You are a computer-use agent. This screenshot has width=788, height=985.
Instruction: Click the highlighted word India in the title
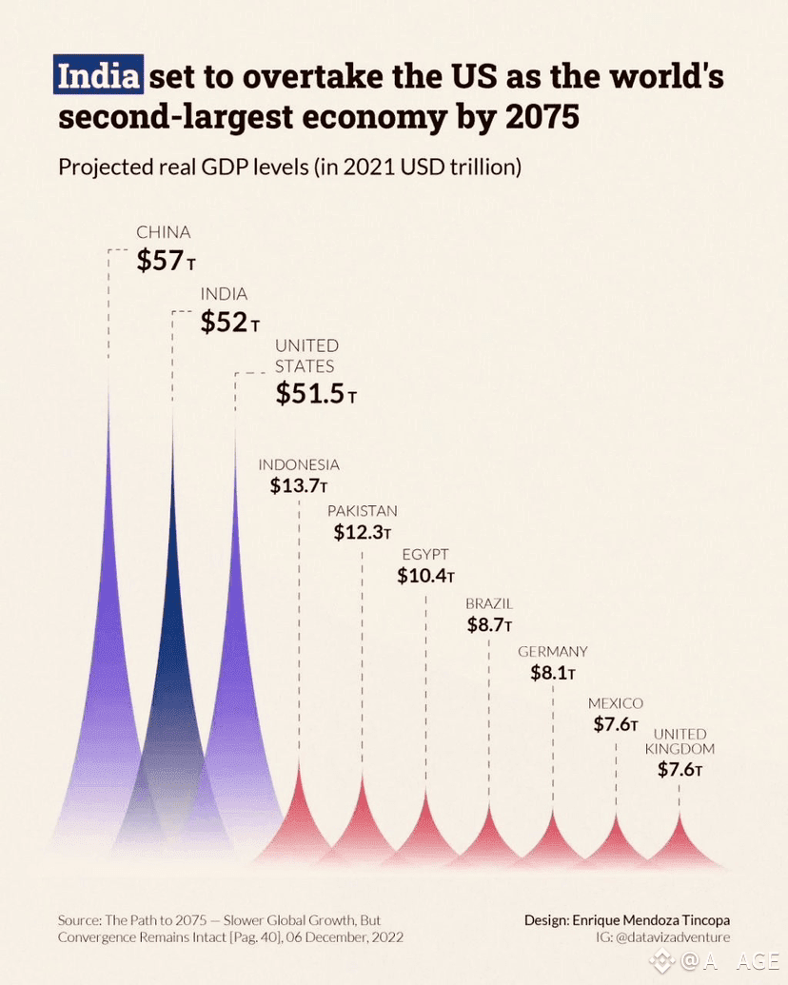(98, 75)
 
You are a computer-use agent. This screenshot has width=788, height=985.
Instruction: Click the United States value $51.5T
(316, 393)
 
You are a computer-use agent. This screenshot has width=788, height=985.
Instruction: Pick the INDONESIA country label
(299, 464)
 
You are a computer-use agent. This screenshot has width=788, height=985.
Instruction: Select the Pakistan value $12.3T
(363, 532)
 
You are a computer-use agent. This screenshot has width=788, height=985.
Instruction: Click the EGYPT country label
(424, 554)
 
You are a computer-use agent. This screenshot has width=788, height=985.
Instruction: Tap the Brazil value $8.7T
(489, 625)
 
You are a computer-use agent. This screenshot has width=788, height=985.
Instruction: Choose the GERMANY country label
(553, 652)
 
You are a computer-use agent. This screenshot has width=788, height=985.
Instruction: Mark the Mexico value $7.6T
(615, 724)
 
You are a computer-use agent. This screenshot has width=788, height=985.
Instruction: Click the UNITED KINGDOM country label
(680, 741)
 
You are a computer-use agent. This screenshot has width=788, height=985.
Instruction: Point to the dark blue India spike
(173, 666)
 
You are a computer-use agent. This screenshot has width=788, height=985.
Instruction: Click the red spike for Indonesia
(300, 818)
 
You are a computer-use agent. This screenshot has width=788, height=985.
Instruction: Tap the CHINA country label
(164, 232)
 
